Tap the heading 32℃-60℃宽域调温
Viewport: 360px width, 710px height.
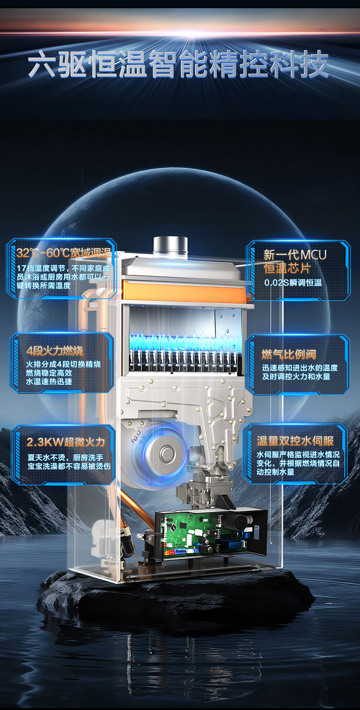(x=64, y=253)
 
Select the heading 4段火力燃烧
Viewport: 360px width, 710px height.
(x=55, y=350)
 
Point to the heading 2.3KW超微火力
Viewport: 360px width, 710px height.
(x=66, y=442)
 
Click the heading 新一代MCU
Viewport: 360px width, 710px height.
(x=295, y=255)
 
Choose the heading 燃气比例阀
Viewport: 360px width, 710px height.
(x=289, y=354)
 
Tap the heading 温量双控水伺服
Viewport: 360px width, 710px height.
(x=295, y=441)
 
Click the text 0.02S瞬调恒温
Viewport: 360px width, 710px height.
(x=293, y=283)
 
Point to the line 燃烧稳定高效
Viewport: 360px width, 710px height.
(x=49, y=373)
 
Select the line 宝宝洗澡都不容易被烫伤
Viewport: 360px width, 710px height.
(x=69, y=466)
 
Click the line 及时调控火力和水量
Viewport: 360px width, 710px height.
(x=296, y=376)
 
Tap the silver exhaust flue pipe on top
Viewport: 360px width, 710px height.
(x=170, y=246)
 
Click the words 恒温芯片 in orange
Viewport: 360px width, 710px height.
(x=287, y=268)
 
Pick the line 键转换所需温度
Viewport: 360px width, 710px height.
(x=43, y=286)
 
